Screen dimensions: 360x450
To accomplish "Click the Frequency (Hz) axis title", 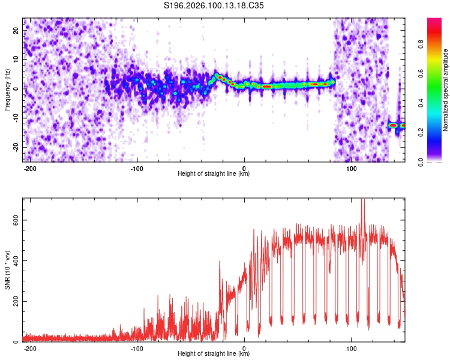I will tap(7, 89).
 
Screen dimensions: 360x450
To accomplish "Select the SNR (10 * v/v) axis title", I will tap(7, 269).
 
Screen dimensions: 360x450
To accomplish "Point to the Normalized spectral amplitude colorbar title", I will tap(446, 90).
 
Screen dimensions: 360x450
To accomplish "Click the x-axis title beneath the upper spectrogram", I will tap(214, 174).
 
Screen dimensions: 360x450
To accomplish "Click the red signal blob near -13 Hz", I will tap(393, 125).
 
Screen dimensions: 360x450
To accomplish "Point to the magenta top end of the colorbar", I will tap(434, 20).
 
